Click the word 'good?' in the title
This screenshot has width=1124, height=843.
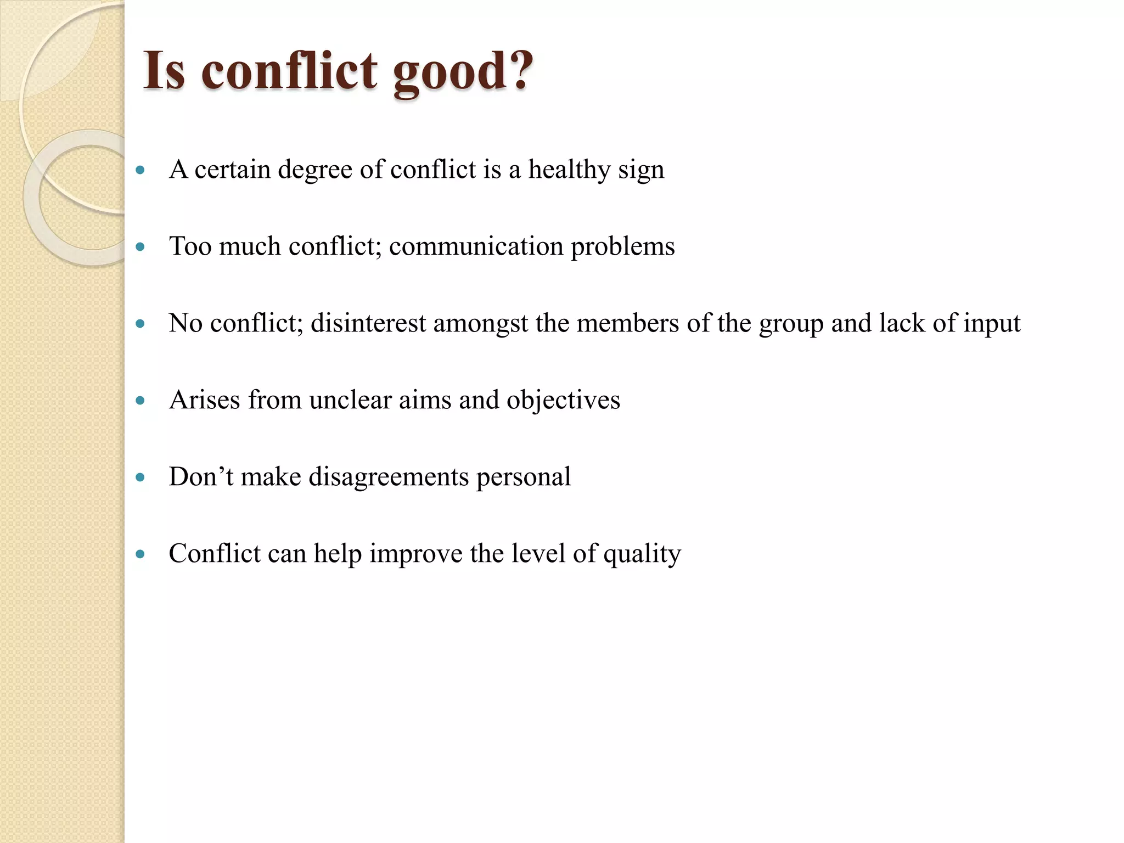click(x=463, y=71)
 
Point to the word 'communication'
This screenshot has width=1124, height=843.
click(x=476, y=246)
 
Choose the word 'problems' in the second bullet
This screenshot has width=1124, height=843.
click(x=622, y=246)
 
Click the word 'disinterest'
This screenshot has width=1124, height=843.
click(x=368, y=323)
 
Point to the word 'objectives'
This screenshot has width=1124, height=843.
click(x=563, y=400)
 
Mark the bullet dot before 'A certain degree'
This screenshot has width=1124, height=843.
click(x=140, y=171)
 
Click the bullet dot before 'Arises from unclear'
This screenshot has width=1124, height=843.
click(x=140, y=401)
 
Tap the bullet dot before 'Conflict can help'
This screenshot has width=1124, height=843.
click(x=140, y=555)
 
